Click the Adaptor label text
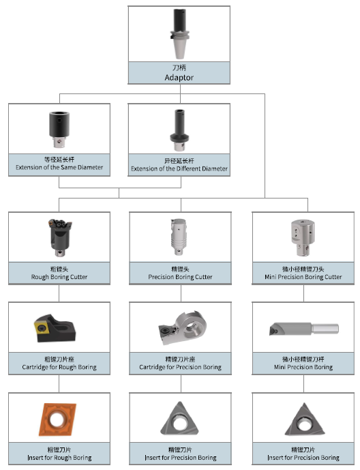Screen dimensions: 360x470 point(179,78)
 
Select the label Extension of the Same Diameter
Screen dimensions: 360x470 point(59,167)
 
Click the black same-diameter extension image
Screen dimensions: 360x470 point(59,129)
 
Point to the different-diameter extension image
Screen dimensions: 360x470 point(179,130)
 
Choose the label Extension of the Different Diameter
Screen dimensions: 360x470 point(179,168)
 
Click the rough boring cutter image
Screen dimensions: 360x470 point(60,237)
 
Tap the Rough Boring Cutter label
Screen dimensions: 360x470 point(59,277)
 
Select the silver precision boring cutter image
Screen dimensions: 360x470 point(179,237)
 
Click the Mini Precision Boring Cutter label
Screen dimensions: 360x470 point(303,277)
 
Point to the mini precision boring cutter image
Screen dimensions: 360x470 point(303,237)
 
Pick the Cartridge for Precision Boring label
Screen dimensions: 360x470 point(180,367)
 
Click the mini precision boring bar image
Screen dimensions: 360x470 point(304,329)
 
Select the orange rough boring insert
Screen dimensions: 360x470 point(57,419)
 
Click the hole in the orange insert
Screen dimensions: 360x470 point(57,419)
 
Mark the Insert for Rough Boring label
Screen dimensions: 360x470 point(59,458)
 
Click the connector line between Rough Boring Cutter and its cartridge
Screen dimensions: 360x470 point(59,293)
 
